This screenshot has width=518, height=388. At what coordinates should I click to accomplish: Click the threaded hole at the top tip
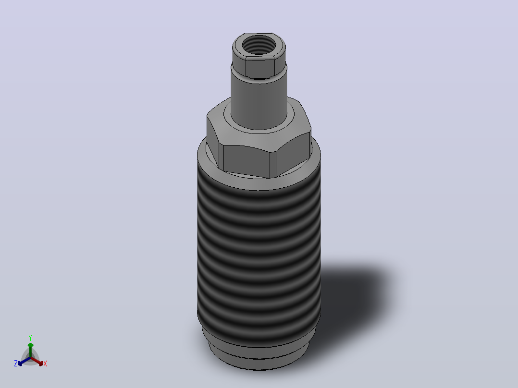259,45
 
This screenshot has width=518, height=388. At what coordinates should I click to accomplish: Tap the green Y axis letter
30,338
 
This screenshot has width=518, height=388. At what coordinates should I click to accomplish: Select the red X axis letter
45,364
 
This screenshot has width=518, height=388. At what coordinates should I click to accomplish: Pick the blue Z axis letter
15,364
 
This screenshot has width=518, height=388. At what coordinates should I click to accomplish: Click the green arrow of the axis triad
30,350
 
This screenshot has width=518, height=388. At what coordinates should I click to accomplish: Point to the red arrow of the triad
37,362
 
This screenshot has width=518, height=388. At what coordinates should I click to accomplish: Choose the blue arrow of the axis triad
24,362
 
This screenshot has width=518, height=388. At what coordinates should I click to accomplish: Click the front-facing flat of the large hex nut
247,161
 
